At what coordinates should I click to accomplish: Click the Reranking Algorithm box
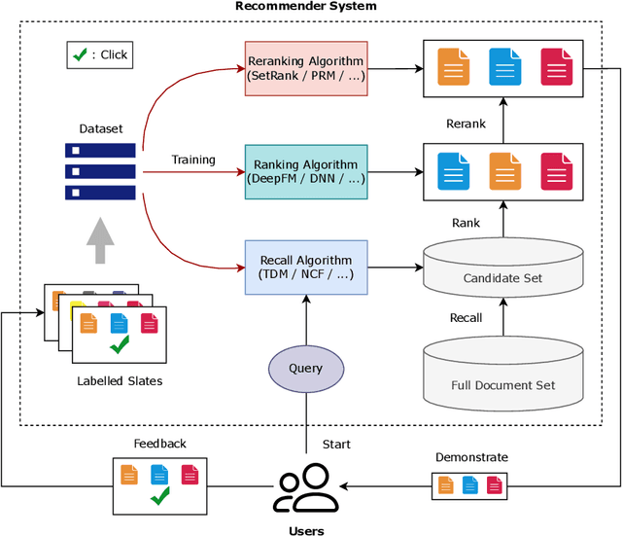click(306, 67)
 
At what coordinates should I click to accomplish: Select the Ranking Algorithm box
click(306, 171)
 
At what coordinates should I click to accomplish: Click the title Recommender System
click(306, 7)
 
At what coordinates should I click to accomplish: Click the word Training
click(192, 160)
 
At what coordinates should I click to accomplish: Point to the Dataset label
click(101, 128)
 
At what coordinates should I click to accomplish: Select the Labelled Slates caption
click(120, 380)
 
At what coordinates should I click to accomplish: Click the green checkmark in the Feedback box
click(160, 498)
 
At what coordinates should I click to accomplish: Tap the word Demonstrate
click(471, 456)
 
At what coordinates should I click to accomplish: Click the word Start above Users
click(336, 445)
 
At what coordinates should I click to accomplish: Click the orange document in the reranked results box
click(453, 67)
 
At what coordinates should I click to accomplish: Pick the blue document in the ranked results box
click(452, 171)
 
